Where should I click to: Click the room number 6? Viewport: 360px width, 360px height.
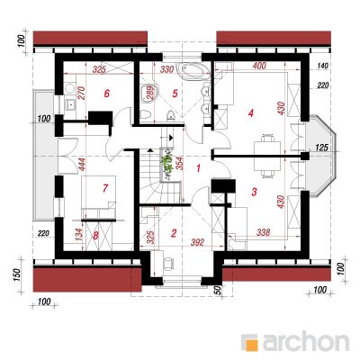pyautogui.click(x=106, y=94)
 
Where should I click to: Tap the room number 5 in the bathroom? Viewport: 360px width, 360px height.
pyautogui.click(x=175, y=94)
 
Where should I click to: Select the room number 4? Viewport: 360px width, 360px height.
pyautogui.click(x=251, y=113)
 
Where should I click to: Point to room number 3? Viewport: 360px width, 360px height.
pyautogui.click(x=254, y=192)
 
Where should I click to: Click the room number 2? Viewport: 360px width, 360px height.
pyautogui.click(x=174, y=233)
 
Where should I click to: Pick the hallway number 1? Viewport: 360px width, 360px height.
pyautogui.click(x=198, y=168)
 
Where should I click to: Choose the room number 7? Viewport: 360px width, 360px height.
pyautogui.click(x=105, y=188)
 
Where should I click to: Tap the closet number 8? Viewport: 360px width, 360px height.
pyautogui.click(x=95, y=236)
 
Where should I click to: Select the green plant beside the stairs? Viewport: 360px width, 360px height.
pyautogui.click(x=166, y=164)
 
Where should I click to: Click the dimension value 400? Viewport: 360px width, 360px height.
pyautogui.click(x=259, y=66)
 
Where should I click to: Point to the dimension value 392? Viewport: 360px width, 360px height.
pyautogui.click(x=198, y=242)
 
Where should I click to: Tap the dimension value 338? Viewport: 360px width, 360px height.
pyautogui.click(x=263, y=232)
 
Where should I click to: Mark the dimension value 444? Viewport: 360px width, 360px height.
pyautogui.click(x=83, y=165)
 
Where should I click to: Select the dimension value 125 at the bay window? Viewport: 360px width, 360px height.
pyautogui.click(x=321, y=148)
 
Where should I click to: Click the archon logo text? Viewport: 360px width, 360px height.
pyautogui.click(x=306, y=341)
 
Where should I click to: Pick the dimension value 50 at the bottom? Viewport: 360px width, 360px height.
pyautogui.click(x=218, y=290)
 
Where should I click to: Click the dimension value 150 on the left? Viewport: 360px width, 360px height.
pyautogui.click(x=17, y=274)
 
